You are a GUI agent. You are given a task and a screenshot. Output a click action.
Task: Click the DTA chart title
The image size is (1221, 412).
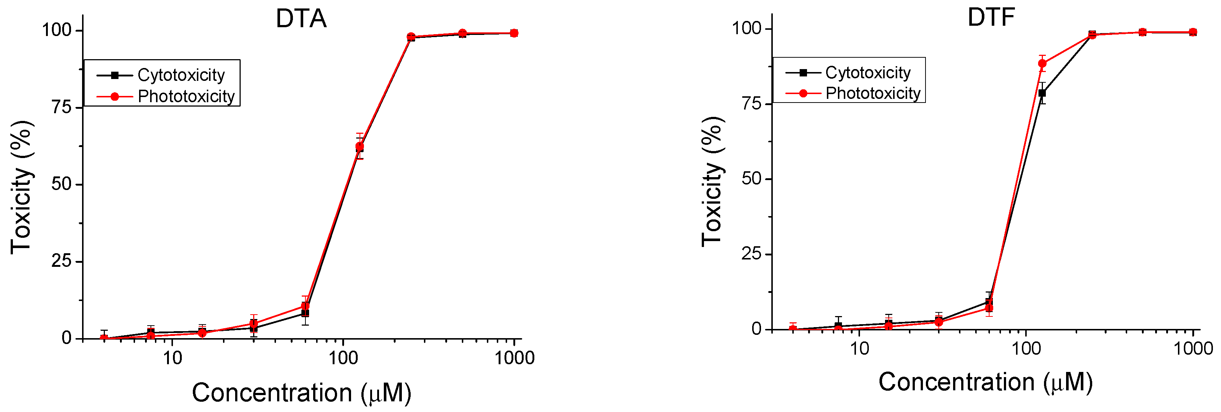301,19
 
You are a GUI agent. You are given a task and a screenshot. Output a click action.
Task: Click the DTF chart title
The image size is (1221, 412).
991,18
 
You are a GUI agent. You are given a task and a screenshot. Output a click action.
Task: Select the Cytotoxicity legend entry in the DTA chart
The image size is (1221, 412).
181,75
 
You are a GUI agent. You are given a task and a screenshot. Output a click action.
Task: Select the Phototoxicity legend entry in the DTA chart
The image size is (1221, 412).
186,97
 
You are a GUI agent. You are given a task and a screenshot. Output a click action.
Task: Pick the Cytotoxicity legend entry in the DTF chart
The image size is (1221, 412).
867,72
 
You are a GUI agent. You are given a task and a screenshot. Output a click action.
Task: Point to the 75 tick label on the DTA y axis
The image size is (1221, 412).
61,107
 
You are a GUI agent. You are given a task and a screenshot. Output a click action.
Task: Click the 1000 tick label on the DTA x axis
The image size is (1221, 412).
514,358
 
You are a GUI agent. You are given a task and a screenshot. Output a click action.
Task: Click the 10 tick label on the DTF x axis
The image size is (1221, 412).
859,349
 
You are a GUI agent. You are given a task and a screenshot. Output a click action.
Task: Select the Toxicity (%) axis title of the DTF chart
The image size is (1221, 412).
712,181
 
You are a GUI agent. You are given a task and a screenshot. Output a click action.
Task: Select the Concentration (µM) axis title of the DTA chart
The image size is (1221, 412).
301,393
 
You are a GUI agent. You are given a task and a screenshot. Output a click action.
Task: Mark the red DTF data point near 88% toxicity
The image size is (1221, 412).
1042,64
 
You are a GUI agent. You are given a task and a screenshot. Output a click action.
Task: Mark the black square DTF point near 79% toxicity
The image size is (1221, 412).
1042,93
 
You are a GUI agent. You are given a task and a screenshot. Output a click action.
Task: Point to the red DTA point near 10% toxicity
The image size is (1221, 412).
305,306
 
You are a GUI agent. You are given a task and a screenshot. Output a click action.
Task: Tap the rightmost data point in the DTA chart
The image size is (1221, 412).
514,33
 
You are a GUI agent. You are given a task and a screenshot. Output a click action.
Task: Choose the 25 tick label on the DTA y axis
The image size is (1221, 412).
61,261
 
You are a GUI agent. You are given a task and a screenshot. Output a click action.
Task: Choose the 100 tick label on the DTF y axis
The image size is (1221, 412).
747,28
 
